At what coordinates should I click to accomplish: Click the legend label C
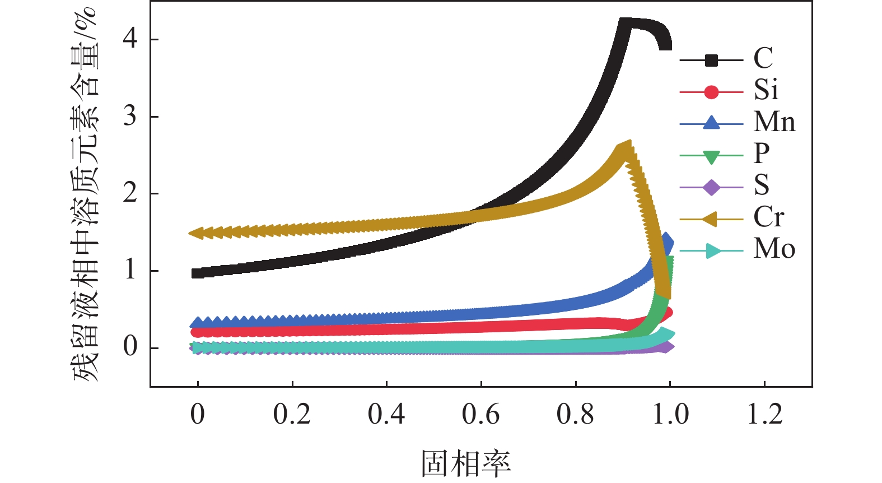point(763,58)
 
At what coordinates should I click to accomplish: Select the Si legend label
point(766,90)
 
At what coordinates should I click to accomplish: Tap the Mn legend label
point(774,122)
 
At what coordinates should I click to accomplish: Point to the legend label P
point(762,153)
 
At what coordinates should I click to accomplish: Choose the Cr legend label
point(768,217)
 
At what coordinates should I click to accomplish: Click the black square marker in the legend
point(711,60)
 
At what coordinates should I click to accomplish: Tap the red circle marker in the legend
point(711,92)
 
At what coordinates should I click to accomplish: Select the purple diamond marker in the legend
point(711,187)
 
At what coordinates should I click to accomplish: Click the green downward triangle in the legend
point(711,156)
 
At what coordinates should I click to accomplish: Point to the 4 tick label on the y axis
point(130,39)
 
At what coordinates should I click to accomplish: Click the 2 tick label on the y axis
point(130,193)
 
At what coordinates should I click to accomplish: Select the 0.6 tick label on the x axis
point(480,415)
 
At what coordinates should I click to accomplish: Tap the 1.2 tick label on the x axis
point(765,415)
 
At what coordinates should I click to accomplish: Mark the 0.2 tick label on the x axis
point(292,415)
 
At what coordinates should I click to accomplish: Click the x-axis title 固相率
point(466,463)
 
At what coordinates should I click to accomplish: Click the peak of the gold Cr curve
point(626,148)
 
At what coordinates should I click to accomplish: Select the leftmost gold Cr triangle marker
point(197,233)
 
